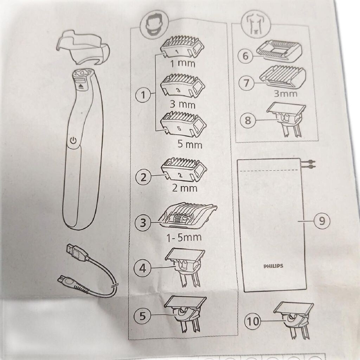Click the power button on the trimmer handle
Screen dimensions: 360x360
pos(73,140)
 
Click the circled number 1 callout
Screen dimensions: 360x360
pos(143,95)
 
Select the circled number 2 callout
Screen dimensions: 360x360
pos(143,177)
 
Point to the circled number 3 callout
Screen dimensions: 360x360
pos(143,222)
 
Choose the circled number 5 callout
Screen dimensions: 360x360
pos(142,315)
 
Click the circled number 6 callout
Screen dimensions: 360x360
pos(245,56)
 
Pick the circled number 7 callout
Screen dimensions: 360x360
pos(246,83)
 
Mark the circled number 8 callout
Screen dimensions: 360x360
pos(248,120)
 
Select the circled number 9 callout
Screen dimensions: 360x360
pos(322,221)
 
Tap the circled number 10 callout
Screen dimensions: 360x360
pos(253,321)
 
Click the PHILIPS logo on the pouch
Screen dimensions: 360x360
pos(273,266)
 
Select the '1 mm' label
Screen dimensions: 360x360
pos(183,63)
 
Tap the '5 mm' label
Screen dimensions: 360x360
pos(190,144)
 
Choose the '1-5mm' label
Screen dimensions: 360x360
pos(184,237)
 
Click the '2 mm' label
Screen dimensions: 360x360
pos(185,188)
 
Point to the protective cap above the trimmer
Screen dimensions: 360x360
pos(83,49)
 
